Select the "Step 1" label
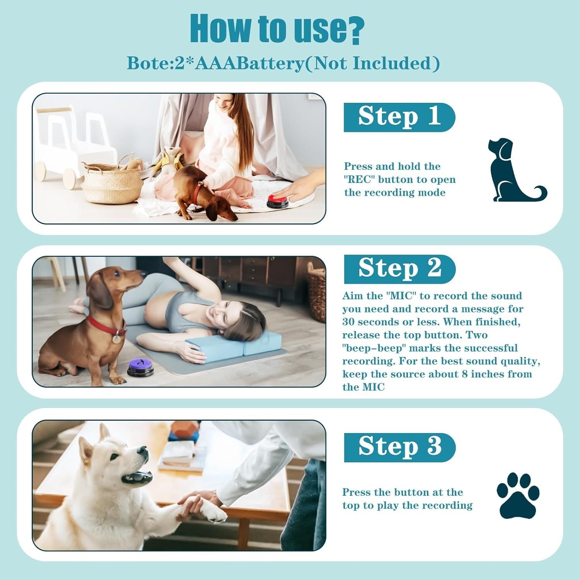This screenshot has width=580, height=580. [399, 117]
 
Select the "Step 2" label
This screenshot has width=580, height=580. [399, 268]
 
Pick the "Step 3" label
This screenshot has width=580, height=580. [399, 447]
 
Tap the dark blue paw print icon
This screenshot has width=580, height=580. [517, 495]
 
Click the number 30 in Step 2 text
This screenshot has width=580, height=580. [349, 322]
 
